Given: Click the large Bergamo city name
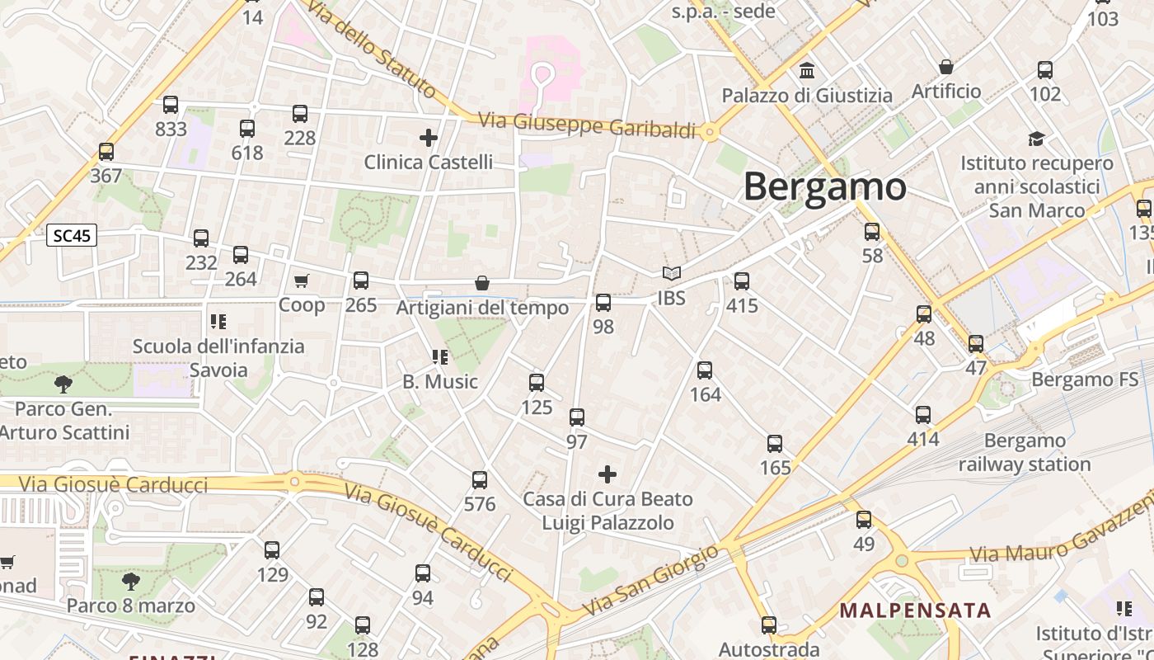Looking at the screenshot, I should (x=824, y=186).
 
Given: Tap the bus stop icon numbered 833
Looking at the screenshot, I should (x=171, y=105).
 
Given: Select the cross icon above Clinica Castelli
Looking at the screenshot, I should (x=429, y=137).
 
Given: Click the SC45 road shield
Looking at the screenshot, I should (x=72, y=236).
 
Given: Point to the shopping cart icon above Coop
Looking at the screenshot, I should (x=302, y=281).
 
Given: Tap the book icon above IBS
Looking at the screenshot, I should (x=672, y=273).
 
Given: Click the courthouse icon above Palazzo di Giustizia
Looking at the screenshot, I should (x=807, y=71).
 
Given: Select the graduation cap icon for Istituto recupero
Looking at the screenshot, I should (x=1036, y=139).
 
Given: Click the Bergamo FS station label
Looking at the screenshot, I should (x=1085, y=380).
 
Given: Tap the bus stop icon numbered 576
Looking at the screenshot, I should (x=480, y=480).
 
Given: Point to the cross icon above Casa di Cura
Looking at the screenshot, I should (x=607, y=474).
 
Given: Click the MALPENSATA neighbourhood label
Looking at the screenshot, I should (x=915, y=611).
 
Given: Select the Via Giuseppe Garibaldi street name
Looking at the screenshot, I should (x=588, y=125).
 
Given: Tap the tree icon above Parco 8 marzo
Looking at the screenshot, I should (x=130, y=582).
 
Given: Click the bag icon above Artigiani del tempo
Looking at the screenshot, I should (x=482, y=284).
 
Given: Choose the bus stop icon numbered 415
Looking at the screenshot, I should (x=742, y=281).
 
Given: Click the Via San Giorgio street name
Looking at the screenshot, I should (x=650, y=582).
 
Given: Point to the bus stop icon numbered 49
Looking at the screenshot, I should (x=864, y=520).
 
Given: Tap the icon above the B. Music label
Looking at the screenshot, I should (x=440, y=357).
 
